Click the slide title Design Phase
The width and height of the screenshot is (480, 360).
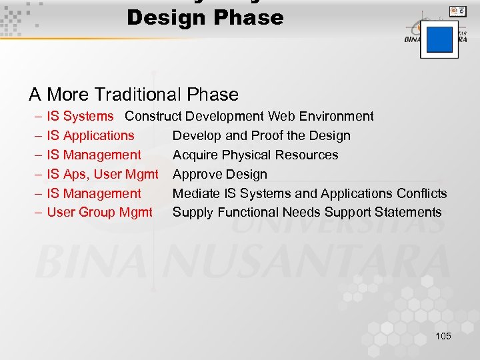tap(205, 17)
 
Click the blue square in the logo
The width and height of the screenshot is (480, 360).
tap(439, 39)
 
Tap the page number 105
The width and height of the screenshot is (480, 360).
tap(443, 336)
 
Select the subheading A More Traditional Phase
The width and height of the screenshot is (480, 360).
tap(133, 95)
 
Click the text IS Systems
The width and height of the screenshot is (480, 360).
tap(81, 117)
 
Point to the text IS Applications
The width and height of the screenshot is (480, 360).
tap(91, 136)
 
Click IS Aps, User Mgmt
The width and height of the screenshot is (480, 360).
tap(103, 175)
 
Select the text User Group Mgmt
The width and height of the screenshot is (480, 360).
tap(99, 213)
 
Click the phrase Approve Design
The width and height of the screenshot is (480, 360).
tap(220, 175)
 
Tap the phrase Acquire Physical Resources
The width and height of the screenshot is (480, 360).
tap(255, 155)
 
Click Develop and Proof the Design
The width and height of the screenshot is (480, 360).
tap(261, 136)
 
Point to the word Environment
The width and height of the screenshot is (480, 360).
tap(336, 117)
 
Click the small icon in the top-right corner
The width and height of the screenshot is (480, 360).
tap(457, 11)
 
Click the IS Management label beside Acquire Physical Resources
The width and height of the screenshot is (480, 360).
tap(94, 155)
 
